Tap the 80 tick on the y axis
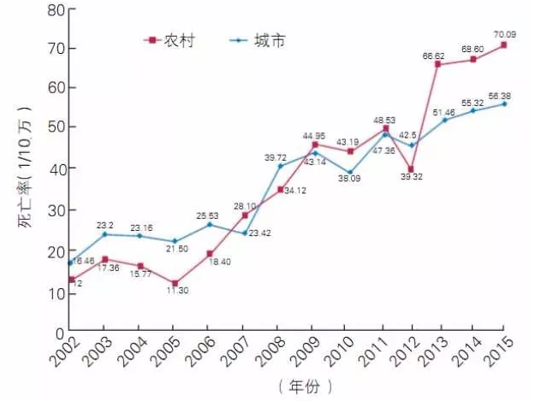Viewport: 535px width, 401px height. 55,10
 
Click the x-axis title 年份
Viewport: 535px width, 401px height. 304,386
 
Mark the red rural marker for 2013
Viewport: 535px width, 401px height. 437,64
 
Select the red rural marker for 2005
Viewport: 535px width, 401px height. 173,283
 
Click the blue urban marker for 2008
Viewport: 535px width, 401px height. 279,165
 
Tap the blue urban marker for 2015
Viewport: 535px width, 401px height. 503,103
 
